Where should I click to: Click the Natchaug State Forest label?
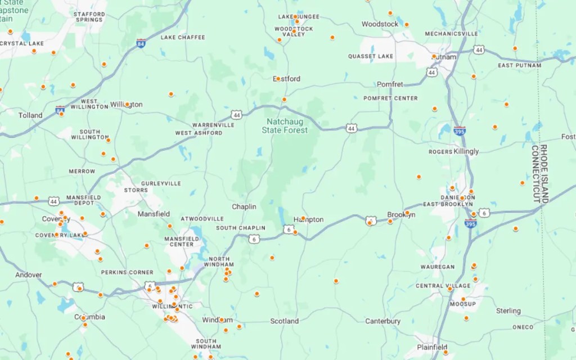285,125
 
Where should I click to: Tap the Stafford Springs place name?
89,17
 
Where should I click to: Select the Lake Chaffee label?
183,38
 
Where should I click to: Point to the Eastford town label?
287,79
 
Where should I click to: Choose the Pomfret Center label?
390,98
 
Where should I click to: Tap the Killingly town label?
466,151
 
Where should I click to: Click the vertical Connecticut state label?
535,174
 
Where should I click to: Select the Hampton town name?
309,219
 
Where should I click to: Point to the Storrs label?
136,190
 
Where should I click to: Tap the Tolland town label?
30,115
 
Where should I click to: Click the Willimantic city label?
173,307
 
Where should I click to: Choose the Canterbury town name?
382,321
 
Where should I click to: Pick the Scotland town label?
285,321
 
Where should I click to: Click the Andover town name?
29,275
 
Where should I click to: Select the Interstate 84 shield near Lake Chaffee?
141,43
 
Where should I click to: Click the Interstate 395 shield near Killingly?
460,130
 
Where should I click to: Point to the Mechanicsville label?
451,34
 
